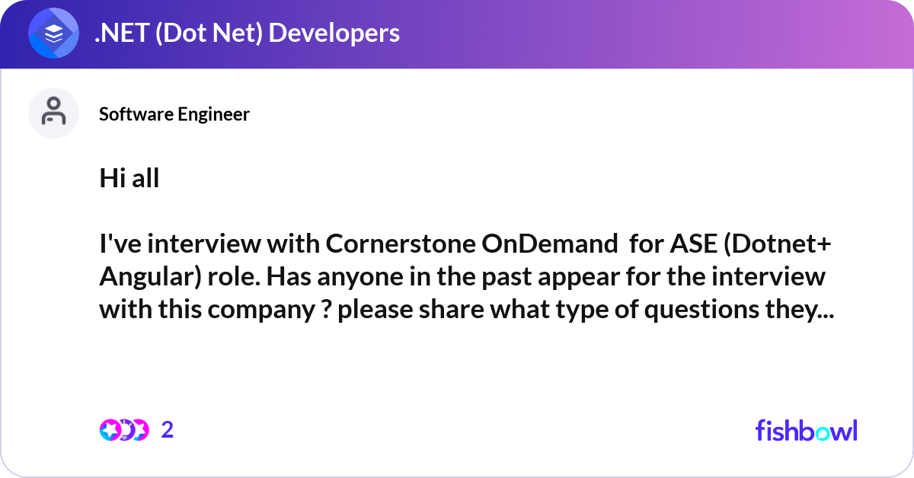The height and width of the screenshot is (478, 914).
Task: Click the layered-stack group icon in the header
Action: (53, 33)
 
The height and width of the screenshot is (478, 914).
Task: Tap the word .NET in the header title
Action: (122, 33)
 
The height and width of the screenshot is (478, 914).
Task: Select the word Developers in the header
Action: (334, 33)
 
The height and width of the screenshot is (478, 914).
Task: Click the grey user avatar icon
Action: (53, 113)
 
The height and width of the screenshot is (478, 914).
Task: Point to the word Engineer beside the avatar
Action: (213, 115)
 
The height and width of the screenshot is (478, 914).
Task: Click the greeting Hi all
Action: (129, 178)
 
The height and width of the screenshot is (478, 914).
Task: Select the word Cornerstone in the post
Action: (401, 244)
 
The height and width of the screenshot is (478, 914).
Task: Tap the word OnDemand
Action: (550, 244)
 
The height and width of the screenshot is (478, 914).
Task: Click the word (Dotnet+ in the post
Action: (778, 244)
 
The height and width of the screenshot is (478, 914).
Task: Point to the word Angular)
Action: (151, 277)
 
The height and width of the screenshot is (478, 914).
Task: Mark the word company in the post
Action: (261, 311)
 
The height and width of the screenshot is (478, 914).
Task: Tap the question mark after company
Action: (326, 309)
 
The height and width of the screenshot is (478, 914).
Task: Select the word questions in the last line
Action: (701, 311)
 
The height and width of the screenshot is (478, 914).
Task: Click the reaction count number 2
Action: (168, 430)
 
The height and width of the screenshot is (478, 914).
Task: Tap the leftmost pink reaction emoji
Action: (110, 430)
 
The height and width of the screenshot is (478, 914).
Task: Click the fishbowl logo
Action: (807, 430)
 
